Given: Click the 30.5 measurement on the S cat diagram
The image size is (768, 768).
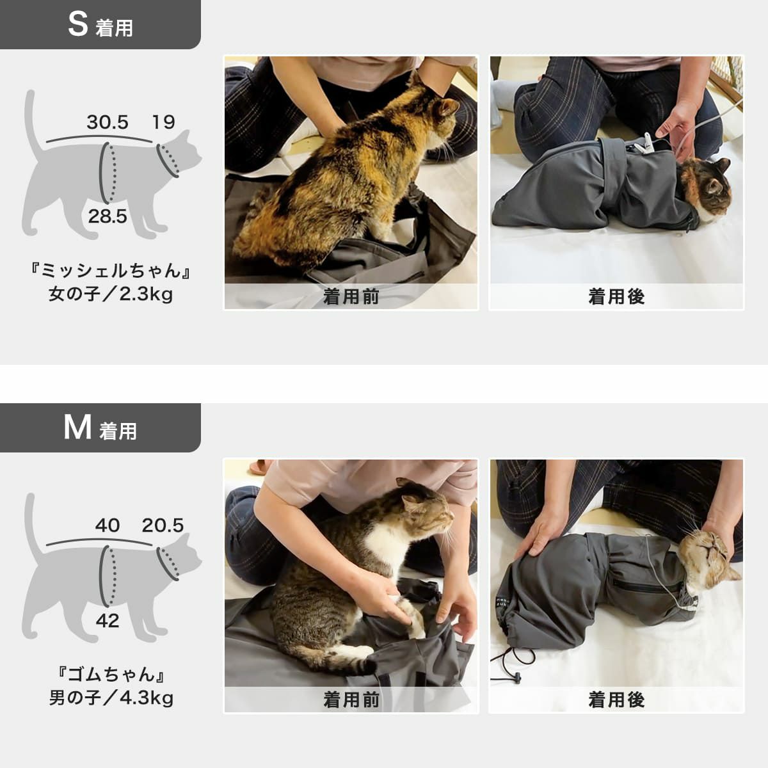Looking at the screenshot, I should tap(108, 122).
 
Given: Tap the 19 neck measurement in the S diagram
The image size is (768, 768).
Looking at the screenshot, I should tap(163, 122).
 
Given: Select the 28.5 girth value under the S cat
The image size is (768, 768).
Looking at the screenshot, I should tap(108, 216).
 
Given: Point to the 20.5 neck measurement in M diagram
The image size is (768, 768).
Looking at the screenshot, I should tap(163, 525).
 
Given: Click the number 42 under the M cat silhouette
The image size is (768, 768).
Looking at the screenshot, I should tap(108, 620).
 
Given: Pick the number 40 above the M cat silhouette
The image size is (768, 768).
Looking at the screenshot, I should tap(108, 525).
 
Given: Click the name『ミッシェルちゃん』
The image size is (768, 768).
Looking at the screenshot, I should tap(111, 271).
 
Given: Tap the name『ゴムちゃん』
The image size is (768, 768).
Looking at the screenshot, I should tap(111, 674).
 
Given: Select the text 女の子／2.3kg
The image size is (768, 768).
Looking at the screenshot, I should tap(111, 294).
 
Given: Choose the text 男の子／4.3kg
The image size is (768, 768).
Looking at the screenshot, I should tap(111, 698).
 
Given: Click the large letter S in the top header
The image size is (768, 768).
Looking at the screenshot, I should tap(77, 24).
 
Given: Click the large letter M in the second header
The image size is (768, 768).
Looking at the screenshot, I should tap(77, 428).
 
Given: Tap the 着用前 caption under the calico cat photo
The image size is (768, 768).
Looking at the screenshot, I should tap(351, 297).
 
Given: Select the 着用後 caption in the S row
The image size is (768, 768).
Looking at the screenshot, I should tap(616, 297).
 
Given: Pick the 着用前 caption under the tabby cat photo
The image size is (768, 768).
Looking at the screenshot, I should tap(351, 700).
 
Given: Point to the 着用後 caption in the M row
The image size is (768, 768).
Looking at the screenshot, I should tap(616, 700).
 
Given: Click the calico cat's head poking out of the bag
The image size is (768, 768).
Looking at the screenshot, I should tap(707, 189).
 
